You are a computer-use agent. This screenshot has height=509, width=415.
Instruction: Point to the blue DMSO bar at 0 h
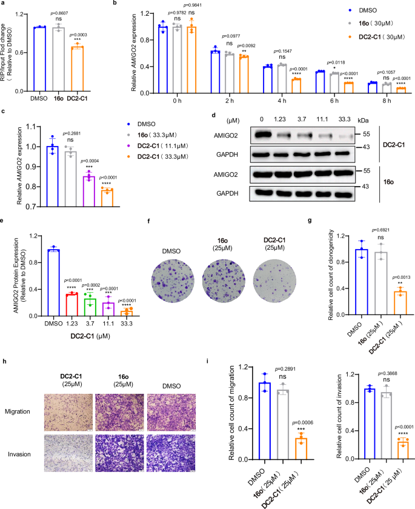[162, 59]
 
